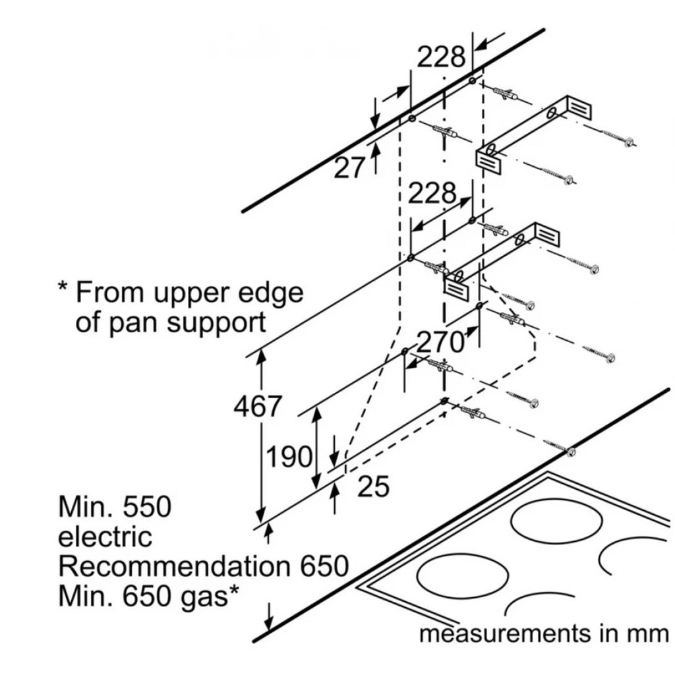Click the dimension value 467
point(258,407)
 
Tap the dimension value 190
point(288,456)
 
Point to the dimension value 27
point(349,169)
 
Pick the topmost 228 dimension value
point(441,58)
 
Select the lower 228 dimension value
point(432,194)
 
